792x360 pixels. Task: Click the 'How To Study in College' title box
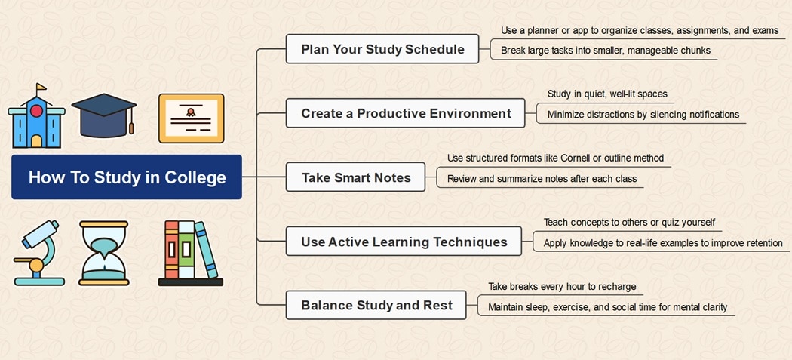point(126,177)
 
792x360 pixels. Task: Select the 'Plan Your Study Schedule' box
point(382,49)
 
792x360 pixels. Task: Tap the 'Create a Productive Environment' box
point(406,113)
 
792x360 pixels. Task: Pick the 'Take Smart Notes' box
point(355,177)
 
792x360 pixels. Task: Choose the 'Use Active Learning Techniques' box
point(404,242)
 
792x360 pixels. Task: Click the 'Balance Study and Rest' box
point(376,306)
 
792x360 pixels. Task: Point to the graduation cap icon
point(104,115)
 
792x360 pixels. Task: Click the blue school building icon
point(36,115)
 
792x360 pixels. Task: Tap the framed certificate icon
point(191,118)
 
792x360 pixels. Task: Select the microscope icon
point(38,253)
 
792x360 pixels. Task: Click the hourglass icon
point(103,253)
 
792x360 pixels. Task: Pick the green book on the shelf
point(186,249)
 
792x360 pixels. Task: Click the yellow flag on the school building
point(41,87)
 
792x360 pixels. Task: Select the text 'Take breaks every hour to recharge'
point(562,287)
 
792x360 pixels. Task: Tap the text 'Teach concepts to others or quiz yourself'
point(629,223)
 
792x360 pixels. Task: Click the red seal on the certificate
point(190,112)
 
